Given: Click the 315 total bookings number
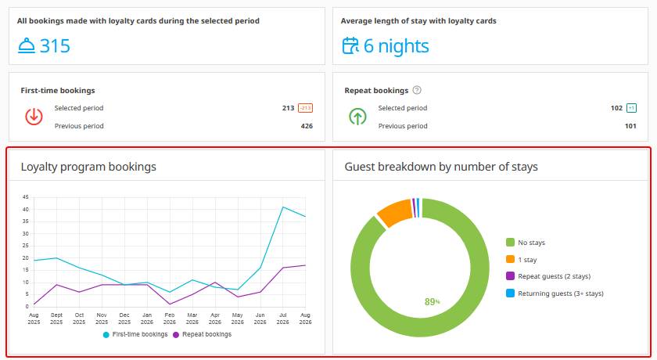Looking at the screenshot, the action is click(x=55, y=46).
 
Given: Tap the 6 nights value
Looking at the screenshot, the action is click(x=396, y=46).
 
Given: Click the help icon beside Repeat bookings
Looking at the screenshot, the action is click(x=416, y=90).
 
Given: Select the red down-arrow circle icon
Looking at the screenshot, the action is click(x=34, y=117).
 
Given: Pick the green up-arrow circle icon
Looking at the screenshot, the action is click(x=357, y=117).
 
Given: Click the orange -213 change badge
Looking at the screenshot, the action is click(x=305, y=108).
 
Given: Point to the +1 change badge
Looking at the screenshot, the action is click(x=631, y=108).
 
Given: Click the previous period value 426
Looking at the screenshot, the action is click(x=307, y=126).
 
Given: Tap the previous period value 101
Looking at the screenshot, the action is click(x=630, y=126).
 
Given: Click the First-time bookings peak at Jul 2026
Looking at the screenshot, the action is click(x=283, y=207).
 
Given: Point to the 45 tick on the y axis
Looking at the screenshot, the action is click(x=26, y=197).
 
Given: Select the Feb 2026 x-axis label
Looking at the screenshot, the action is click(x=169, y=319).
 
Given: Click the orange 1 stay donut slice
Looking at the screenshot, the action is click(x=395, y=212).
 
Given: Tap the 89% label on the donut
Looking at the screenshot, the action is click(x=432, y=302).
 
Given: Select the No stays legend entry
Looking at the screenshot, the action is click(x=526, y=243).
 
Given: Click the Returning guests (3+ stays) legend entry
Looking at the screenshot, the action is click(x=555, y=293).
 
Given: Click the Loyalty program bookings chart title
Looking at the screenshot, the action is click(x=88, y=167).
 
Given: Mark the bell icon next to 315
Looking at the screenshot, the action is click(x=27, y=45).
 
